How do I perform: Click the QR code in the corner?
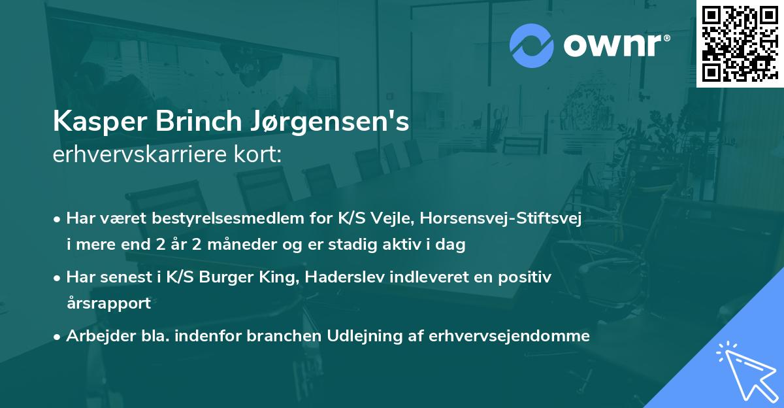[740, 44]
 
